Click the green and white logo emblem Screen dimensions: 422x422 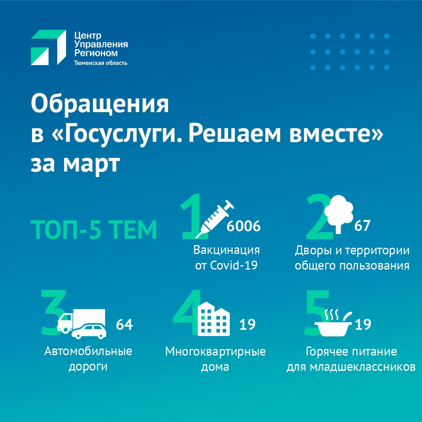(48, 47)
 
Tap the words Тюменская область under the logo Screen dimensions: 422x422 (101, 63)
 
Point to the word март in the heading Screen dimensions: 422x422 (91, 164)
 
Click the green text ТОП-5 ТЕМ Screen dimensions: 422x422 (94, 230)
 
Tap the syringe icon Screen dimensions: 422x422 (215, 219)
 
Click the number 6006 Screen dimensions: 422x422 (243, 226)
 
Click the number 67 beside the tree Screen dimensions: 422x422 (362, 225)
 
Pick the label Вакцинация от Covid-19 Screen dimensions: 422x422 (227, 258)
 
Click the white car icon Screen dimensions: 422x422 (89, 331)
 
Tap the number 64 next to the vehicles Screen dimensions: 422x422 (124, 325)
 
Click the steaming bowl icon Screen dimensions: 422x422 (333, 323)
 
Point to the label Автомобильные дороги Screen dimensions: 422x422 (88, 359)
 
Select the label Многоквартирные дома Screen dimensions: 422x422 (215, 359)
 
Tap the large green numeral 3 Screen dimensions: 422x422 (54, 313)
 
